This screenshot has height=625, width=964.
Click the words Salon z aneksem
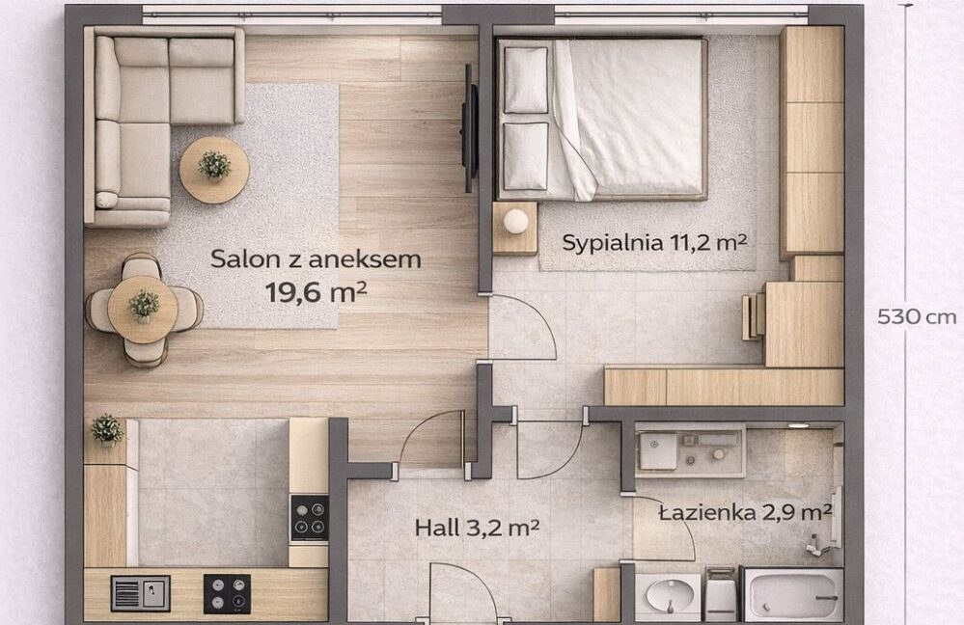[316, 259]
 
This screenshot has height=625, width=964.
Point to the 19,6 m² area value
[316, 292]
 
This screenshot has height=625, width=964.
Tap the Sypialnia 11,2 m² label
[654, 243]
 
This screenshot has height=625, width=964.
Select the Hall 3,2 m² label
[477, 528]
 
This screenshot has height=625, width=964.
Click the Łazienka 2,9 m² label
[745, 512]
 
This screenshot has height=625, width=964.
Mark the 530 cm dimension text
[917, 317]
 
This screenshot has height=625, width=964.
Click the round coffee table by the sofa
[214, 170]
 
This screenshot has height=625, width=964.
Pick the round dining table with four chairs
[143, 309]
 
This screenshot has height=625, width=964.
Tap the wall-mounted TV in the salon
[470, 128]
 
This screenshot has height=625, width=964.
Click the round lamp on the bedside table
[515, 221]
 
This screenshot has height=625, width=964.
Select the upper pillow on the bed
[526, 80]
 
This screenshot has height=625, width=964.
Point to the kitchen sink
[140, 593]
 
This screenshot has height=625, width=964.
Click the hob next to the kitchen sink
[227, 594]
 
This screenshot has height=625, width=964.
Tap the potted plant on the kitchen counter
[107, 429]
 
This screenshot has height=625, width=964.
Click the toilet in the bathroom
[721, 594]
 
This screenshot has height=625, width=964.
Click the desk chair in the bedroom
[753, 316]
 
